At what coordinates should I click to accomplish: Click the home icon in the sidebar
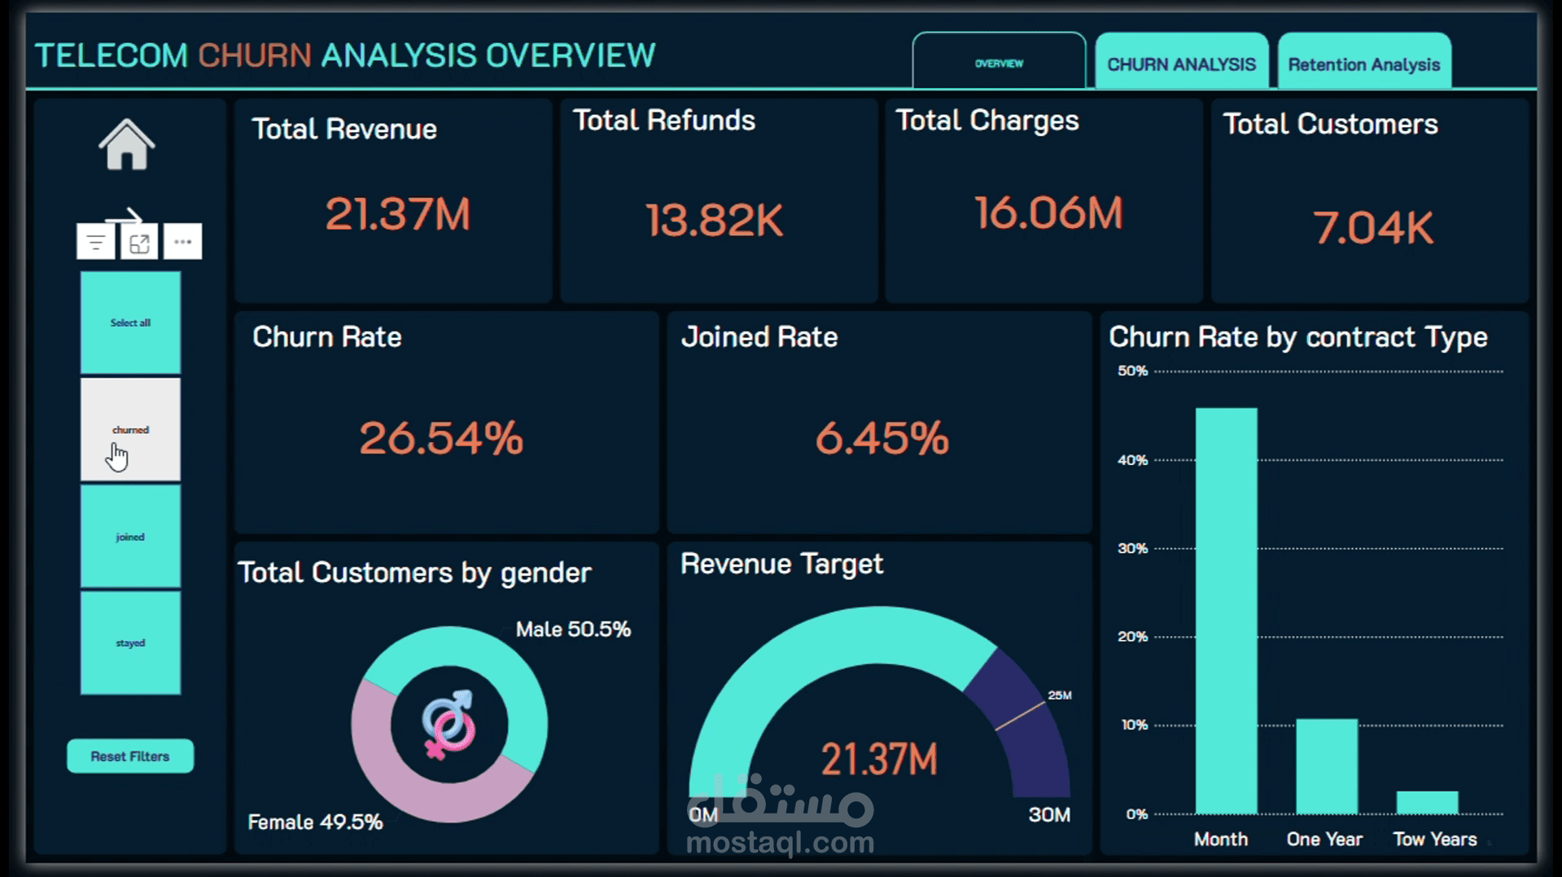click(127, 144)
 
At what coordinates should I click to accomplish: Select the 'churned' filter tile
click(130, 429)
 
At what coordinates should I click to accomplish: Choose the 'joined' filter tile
click(130, 537)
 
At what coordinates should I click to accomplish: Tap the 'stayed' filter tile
click(130, 642)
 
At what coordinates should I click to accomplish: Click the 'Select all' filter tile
click(130, 322)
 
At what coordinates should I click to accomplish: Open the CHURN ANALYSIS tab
click(1181, 64)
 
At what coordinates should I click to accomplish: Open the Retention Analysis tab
click(1364, 64)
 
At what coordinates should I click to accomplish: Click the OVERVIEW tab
click(1000, 62)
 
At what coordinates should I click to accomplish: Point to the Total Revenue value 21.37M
click(398, 215)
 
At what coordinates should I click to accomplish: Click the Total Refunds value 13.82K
click(715, 220)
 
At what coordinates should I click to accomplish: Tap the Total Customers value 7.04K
click(1373, 227)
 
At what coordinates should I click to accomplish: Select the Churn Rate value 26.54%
click(441, 438)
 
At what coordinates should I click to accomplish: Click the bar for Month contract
click(1226, 611)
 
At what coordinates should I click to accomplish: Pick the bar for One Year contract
click(1327, 766)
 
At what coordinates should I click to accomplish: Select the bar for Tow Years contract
click(1428, 803)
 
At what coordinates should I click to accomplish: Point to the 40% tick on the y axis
click(1132, 460)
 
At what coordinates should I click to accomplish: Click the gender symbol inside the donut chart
click(448, 724)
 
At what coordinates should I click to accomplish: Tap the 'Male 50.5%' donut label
click(573, 629)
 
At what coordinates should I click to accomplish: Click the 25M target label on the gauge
click(1060, 695)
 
